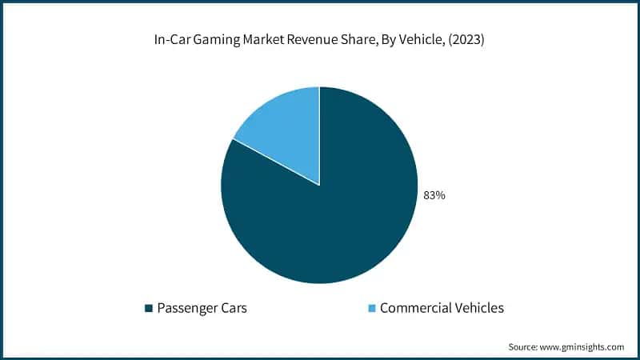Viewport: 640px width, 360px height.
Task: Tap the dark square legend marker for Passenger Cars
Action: pyautogui.click(x=148, y=308)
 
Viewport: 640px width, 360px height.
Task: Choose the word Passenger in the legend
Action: pyautogui.click(x=189, y=308)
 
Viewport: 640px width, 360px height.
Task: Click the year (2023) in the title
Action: pyautogui.click(x=466, y=41)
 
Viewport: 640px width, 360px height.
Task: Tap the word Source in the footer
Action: pyautogui.click(x=524, y=346)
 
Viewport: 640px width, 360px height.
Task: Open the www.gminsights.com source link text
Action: pyautogui.click(x=584, y=346)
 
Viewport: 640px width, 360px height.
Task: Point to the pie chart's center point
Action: pyautogui.click(x=319, y=186)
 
